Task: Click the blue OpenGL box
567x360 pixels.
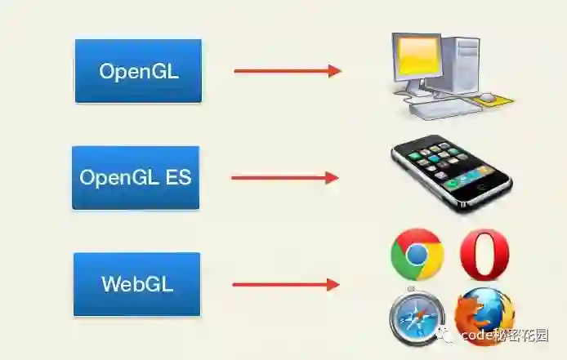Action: pyautogui.click(x=138, y=71)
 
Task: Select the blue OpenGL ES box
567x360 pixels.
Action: pyautogui.click(x=136, y=177)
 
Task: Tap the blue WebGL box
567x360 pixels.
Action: pyautogui.click(x=137, y=284)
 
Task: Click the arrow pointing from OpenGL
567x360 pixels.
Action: pyautogui.click(x=287, y=71)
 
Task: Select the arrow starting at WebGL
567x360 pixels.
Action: pyautogui.click(x=285, y=284)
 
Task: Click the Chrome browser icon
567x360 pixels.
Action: pyautogui.click(x=417, y=255)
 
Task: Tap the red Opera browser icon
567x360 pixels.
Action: pyautogui.click(x=484, y=255)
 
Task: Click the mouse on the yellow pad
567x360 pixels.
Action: pyautogui.click(x=488, y=97)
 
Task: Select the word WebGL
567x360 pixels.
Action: pyautogui.click(x=137, y=284)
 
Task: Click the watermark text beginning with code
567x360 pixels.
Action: pyautogui.click(x=503, y=335)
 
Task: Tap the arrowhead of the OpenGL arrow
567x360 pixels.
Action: pyautogui.click(x=334, y=71)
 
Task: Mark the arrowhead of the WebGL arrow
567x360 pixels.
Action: pyautogui.click(x=333, y=284)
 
